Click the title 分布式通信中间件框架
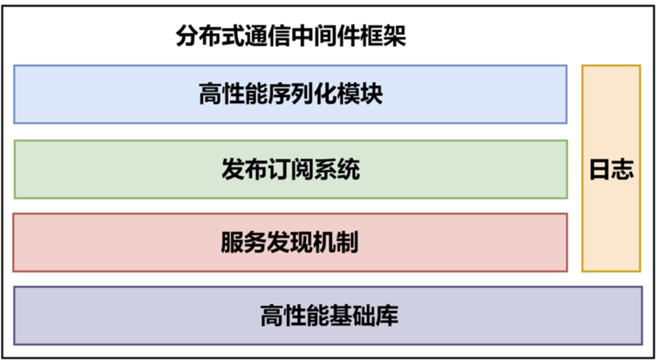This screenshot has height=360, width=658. [x=290, y=36]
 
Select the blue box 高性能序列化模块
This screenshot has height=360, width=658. [x=290, y=95]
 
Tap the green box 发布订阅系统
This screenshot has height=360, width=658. [x=290, y=169]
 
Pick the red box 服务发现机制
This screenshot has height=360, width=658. [x=290, y=242]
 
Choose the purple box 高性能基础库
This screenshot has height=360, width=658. [x=328, y=316]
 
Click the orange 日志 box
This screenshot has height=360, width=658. [x=611, y=169]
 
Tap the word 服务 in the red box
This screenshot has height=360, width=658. [x=244, y=242]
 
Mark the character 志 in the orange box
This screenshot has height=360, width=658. [x=623, y=169]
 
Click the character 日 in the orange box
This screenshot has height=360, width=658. [x=601, y=169]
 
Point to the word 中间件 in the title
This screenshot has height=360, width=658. [x=325, y=36]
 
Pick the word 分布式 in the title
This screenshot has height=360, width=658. [x=210, y=36]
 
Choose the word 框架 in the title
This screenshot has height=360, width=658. [x=383, y=36]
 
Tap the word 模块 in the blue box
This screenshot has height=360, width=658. [x=360, y=94]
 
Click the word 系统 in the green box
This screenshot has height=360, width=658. [x=337, y=169]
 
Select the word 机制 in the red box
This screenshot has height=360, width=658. [x=336, y=242]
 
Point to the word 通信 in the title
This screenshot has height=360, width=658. [x=268, y=36]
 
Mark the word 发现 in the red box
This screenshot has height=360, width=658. [x=290, y=242]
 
